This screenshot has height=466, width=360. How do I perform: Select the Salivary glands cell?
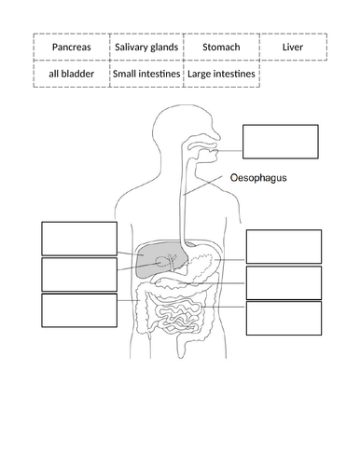pyautogui.click(x=146, y=47)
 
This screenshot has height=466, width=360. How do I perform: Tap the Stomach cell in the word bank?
pyautogui.click(x=221, y=47)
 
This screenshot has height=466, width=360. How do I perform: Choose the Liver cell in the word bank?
pyautogui.click(x=293, y=47)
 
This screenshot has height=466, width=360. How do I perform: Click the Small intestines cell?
pyautogui.click(x=146, y=73)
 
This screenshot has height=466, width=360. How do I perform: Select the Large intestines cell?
pyautogui.click(x=221, y=73)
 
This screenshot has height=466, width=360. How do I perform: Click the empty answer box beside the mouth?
pyautogui.click(x=280, y=142)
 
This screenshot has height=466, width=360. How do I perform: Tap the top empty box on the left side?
pyautogui.click(x=79, y=239)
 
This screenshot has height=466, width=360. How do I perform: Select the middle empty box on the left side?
pyautogui.click(x=79, y=274)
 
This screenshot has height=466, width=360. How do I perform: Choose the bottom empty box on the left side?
pyautogui.click(x=79, y=310)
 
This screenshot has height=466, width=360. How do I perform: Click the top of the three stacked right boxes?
pyautogui.click(x=284, y=246)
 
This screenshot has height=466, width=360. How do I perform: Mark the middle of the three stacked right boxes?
pyautogui.click(x=284, y=282)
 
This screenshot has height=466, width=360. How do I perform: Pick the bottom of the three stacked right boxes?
pyautogui.click(x=284, y=318)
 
